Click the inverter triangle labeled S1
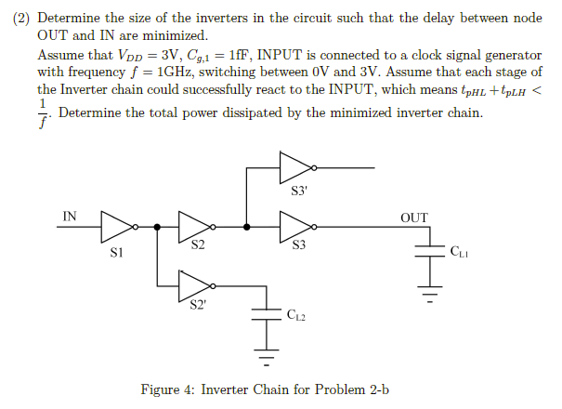coord(117,226)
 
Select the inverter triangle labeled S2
coord(194,226)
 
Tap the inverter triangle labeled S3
coord(295,226)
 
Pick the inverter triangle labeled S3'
coord(295,168)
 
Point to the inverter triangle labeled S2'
coord(194,284)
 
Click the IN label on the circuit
coord(70,217)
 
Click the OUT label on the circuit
coord(414,218)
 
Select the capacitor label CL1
coord(459,251)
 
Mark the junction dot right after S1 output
coord(157,226)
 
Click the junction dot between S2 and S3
coord(245,226)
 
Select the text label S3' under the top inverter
coord(297,191)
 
